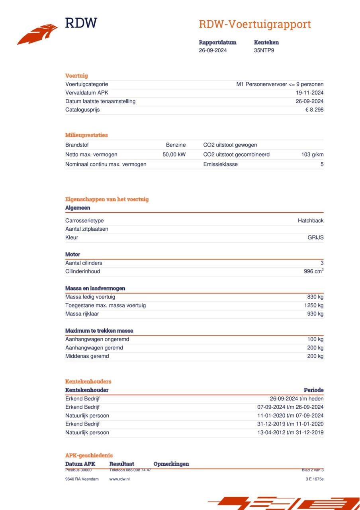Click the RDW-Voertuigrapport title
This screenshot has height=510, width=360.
[x=255, y=24]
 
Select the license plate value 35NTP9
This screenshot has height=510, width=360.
[x=264, y=50]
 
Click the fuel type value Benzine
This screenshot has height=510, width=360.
[x=176, y=145]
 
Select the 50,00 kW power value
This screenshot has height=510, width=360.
[x=174, y=155]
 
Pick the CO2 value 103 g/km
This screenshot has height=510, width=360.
[x=312, y=155]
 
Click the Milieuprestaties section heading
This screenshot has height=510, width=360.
[x=86, y=135]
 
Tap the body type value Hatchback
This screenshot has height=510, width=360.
[x=311, y=221]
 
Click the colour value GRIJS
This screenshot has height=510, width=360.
[x=315, y=237]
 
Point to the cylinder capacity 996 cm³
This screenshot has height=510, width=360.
[x=313, y=271]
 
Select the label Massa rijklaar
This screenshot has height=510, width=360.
[x=82, y=314]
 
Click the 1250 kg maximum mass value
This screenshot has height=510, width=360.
[x=314, y=306]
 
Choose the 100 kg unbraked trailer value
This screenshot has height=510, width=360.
[x=315, y=339]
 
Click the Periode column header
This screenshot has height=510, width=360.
[x=313, y=390]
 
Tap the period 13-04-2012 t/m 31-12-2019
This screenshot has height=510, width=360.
[x=290, y=433]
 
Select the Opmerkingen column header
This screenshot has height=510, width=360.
[x=171, y=464]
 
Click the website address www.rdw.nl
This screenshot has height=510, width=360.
[x=119, y=479]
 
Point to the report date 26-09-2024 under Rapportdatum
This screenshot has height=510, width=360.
[x=213, y=50]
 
